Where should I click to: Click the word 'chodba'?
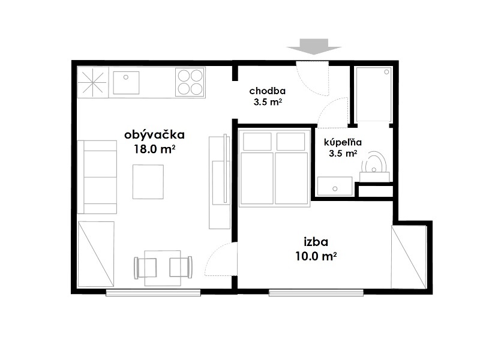[267, 91]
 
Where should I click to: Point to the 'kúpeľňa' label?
[343, 142]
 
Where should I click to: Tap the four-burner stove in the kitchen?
[190, 82]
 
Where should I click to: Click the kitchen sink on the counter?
[126, 83]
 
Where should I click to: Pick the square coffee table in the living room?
[148, 181]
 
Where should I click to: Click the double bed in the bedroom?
[274, 168]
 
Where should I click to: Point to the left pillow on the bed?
[256, 141]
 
